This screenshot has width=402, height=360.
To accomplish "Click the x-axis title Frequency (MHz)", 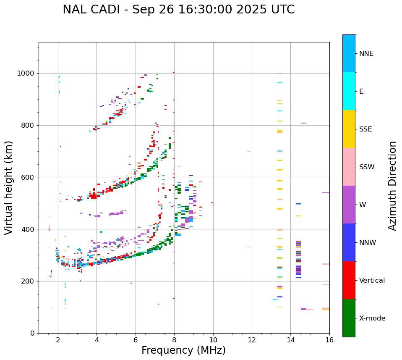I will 183,350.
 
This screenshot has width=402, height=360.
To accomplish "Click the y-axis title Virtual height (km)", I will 9,187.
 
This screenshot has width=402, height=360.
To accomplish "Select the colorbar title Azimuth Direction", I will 392,185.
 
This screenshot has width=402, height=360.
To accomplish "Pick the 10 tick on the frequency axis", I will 213,340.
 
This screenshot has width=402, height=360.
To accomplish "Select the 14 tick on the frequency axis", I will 290,340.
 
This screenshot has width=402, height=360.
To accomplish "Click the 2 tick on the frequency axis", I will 58,340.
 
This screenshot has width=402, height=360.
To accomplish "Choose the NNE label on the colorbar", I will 366,54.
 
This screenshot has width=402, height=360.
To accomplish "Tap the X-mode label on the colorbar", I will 372,318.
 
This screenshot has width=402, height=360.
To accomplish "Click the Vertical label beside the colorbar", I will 372,281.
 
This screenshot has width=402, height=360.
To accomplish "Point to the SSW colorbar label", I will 367,167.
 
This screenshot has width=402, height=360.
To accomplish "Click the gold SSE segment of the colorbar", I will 349,129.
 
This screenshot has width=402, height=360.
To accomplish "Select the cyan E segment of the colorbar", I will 349,91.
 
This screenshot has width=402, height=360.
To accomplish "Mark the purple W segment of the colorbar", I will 349,205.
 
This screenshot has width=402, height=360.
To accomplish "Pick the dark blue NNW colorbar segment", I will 349,242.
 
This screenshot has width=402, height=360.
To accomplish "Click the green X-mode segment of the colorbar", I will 349,318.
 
